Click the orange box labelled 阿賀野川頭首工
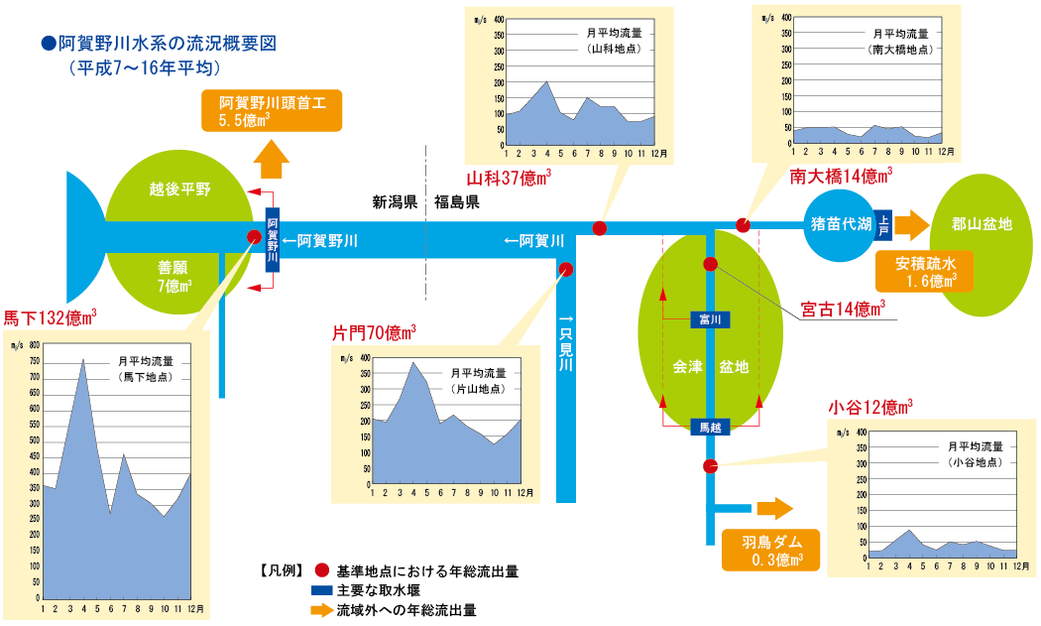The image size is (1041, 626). [x=272, y=110]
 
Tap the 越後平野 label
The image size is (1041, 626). [x=180, y=188]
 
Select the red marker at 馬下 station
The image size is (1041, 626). [x=254, y=236]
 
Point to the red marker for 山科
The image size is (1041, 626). [x=600, y=228]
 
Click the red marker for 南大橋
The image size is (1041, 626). [x=744, y=224]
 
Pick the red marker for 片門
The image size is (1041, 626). [x=566, y=268]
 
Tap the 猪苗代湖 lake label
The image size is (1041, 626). [x=839, y=225]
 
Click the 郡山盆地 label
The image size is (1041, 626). [x=980, y=225]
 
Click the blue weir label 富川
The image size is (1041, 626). [x=710, y=319]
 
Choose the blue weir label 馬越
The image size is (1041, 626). [x=710, y=427]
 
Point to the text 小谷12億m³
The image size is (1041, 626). [x=869, y=407]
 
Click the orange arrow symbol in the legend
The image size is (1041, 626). [x=320, y=610]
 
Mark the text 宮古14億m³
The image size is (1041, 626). [x=842, y=309]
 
